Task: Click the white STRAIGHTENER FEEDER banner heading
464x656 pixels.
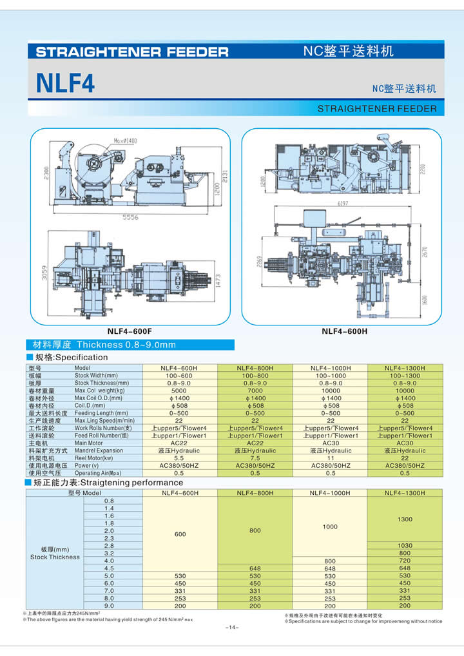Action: click(x=132, y=52)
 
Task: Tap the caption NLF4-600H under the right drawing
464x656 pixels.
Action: click(x=344, y=332)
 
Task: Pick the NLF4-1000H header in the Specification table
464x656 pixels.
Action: click(x=330, y=368)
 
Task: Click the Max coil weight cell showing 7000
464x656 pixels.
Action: click(x=255, y=391)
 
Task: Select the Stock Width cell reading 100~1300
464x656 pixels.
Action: click(x=404, y=376)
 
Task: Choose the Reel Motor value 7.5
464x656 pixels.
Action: click(x=255, y=458)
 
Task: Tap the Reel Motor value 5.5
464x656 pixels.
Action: click(x=180, y=458)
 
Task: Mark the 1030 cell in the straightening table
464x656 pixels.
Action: click(x=405, y=546)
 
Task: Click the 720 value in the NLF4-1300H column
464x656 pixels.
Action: click(x=405, y=561)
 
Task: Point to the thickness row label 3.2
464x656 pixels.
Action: click(x=109, y=554)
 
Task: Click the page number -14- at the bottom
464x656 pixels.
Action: click(x=232, y=628)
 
